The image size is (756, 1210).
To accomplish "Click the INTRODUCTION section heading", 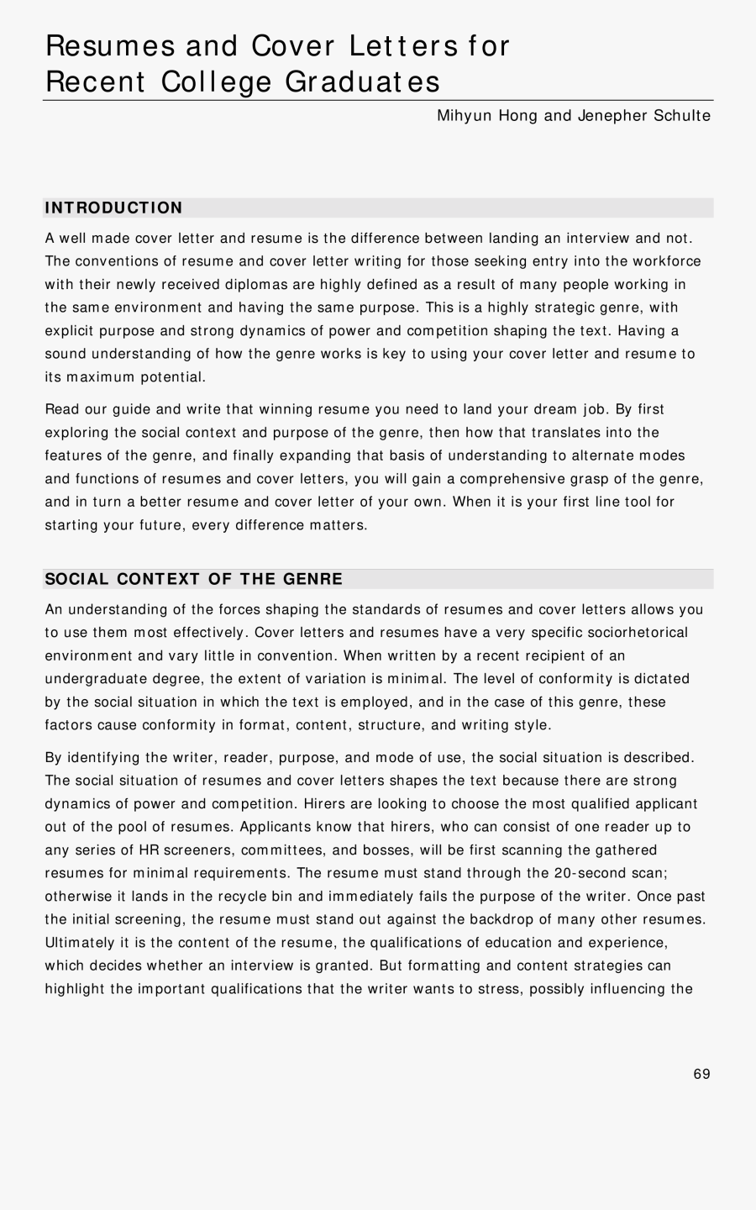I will pos(113,208).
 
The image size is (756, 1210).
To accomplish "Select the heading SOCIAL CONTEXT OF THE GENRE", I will pos(193,579).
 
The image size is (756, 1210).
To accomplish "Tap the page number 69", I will pos(702,1074).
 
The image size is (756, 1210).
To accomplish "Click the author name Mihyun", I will pos(465,116).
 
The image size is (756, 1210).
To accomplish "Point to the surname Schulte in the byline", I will pos(681,116).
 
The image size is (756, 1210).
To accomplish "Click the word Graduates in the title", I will pos(363,82).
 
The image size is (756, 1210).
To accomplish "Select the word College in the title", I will pos(217,82).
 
